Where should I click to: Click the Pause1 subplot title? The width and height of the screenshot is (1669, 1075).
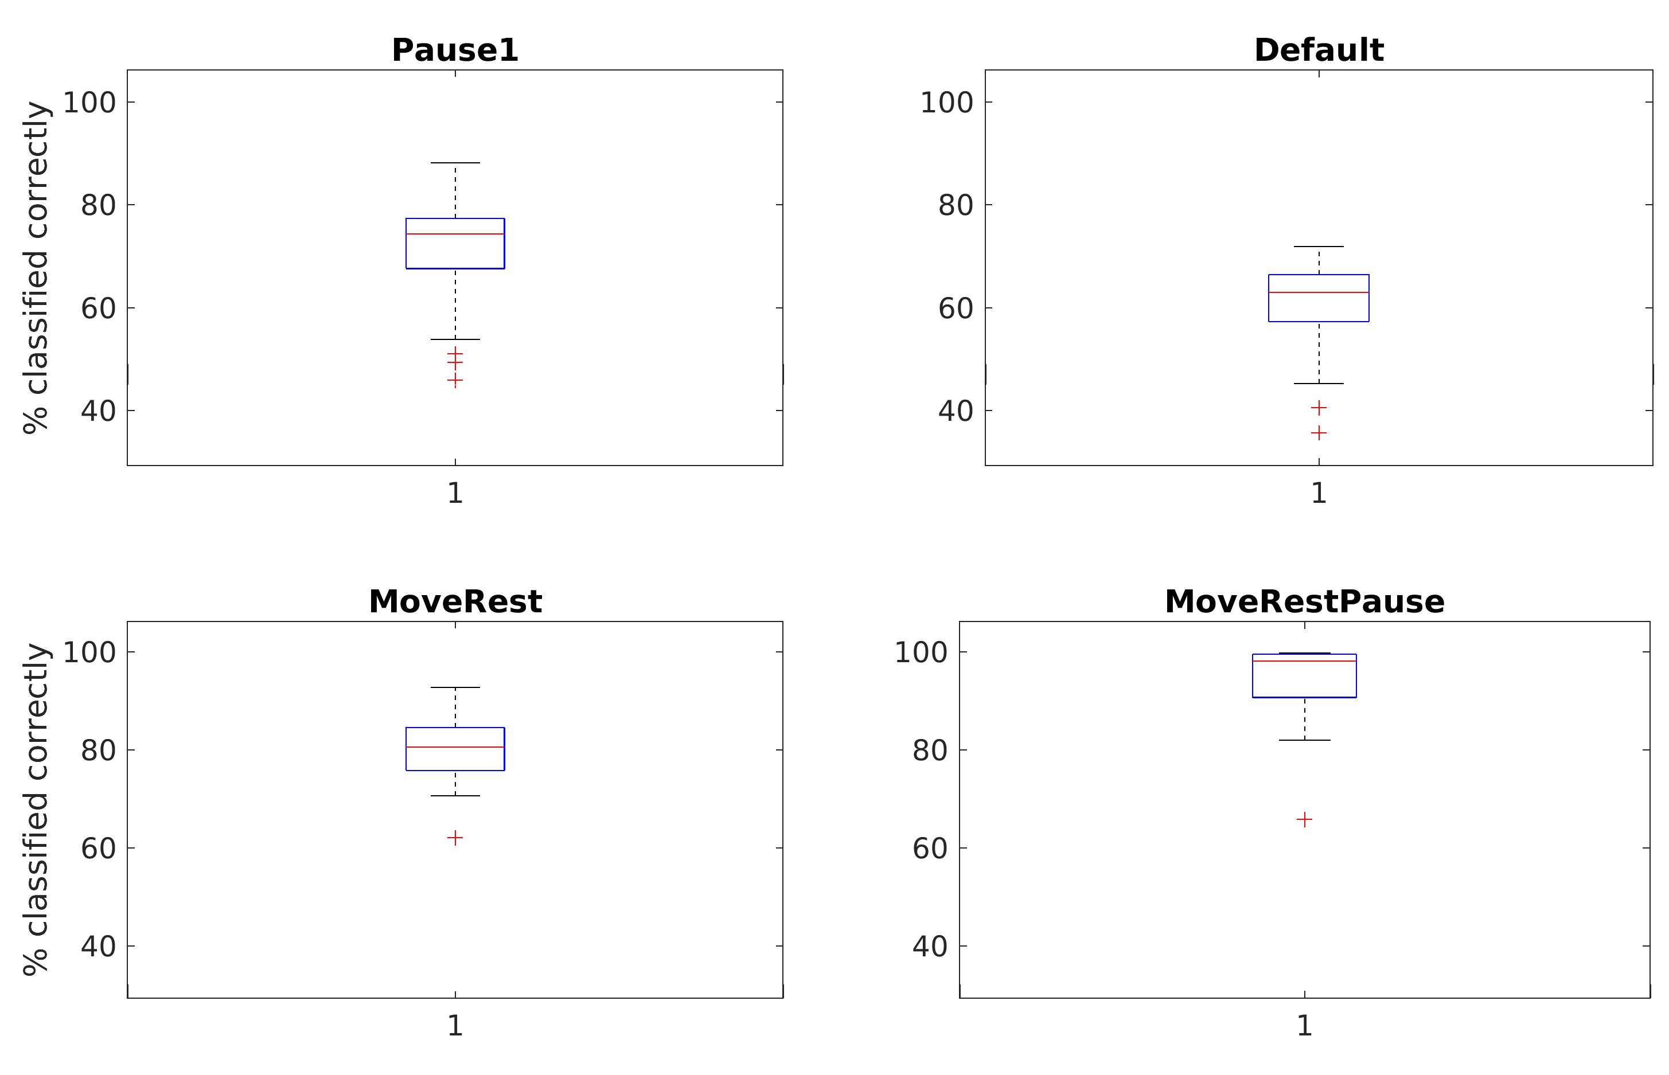point(455,50)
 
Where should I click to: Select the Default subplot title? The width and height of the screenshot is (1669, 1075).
point(1319,50)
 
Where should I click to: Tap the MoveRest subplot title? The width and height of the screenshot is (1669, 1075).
point(455,602)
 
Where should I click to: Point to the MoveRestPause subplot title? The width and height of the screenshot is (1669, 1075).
point(1304,602)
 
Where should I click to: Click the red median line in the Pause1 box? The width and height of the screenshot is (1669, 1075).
point(455,234)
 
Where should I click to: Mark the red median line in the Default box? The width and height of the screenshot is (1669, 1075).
point(1319,292)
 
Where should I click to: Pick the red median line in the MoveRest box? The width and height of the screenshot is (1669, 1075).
point(455,747)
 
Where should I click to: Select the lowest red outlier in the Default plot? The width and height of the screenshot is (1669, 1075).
point(1319,433)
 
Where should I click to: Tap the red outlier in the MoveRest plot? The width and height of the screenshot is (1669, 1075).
point(455,838)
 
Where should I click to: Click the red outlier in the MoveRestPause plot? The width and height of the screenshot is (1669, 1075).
point(1304,819)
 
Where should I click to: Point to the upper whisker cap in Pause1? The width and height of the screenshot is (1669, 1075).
point(455,163)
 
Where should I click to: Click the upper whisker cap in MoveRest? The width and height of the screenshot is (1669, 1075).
point(455,687)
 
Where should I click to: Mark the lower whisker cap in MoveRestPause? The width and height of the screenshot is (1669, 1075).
point(1304,740)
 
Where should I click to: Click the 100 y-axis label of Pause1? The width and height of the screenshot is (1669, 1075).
point(89,103)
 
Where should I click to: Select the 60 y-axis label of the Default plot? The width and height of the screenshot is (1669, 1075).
point(956,308)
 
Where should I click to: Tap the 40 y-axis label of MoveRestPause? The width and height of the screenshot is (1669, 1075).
point(930,947)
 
